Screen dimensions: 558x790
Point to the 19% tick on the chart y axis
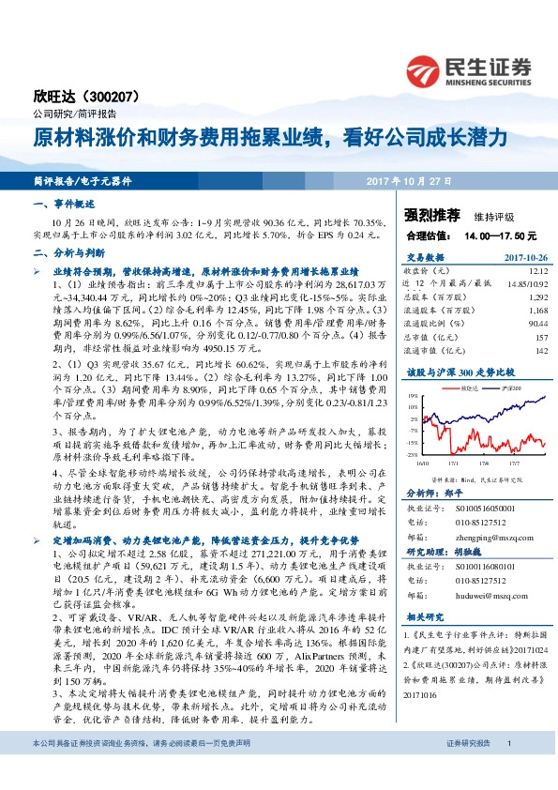414,396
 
